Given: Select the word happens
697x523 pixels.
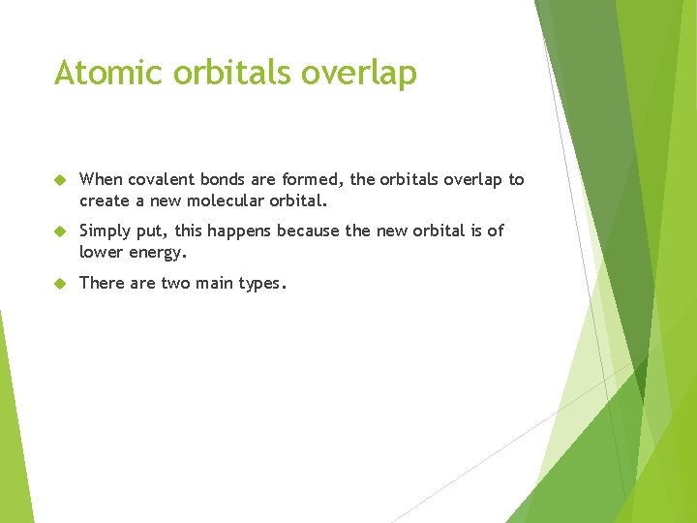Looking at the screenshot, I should tap(241, 231).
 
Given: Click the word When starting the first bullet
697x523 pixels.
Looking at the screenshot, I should tap(102, 179).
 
